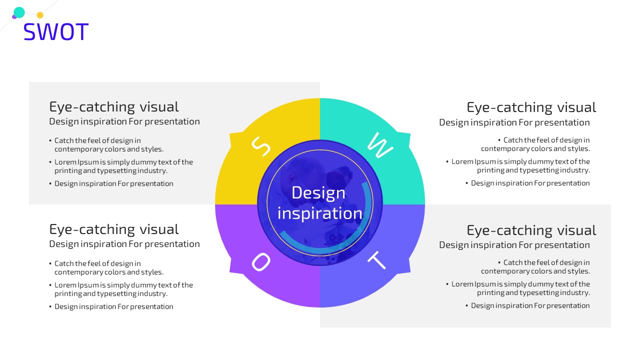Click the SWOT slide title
click(x=56, y=31)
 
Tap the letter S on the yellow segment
click(x=261, y=146)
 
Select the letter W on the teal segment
click(x=380, y=145)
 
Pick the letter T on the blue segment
click(x=377, y=260)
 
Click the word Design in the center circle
click(x=318, y=193)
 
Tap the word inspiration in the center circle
click(x=320, y=213)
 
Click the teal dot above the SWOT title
click(x=19, y=12)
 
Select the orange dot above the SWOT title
click(x=40, y=15)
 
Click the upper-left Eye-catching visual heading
click(x=114, y=107)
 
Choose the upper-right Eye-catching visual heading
click(x=531, y=107)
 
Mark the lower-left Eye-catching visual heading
click(x=114, y=229)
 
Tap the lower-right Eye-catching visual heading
click(x=531, y=230)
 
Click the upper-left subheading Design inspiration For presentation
click(x=124, y=121)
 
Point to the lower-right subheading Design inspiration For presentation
click(x=514, y=245)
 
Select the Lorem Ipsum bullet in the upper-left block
click(x=121, y=166)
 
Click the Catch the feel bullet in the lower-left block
click(x=106, y=267)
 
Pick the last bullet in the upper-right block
click(x=527, y=183)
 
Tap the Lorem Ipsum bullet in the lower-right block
click(x=518, y=288)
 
